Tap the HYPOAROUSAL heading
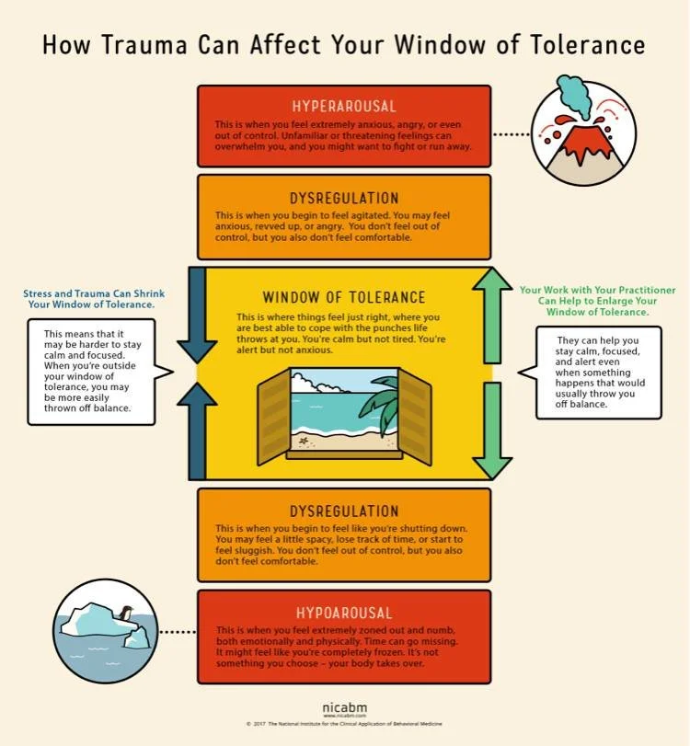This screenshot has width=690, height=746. point(344,613)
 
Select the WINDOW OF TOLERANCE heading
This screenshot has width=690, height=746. point(344,297)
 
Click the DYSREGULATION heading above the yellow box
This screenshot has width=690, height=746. point(344,198)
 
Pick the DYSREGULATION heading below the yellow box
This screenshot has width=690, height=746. point(344,511)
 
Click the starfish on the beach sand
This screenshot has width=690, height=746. point(305,441)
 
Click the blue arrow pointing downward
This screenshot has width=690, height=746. point(196,317)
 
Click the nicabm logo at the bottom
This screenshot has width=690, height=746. point(344,707)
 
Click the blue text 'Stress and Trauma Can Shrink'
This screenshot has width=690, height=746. point(89,293)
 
